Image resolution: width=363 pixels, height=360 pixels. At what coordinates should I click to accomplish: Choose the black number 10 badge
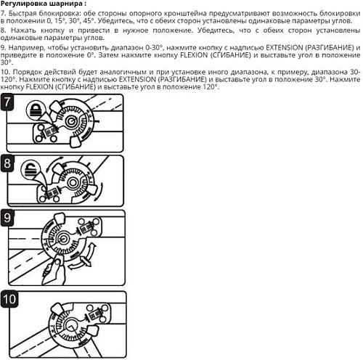tap(11, 299)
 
